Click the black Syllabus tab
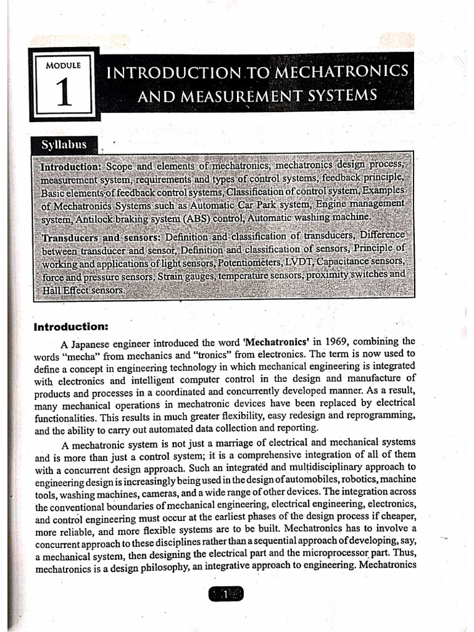63,146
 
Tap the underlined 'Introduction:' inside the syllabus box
71,167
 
